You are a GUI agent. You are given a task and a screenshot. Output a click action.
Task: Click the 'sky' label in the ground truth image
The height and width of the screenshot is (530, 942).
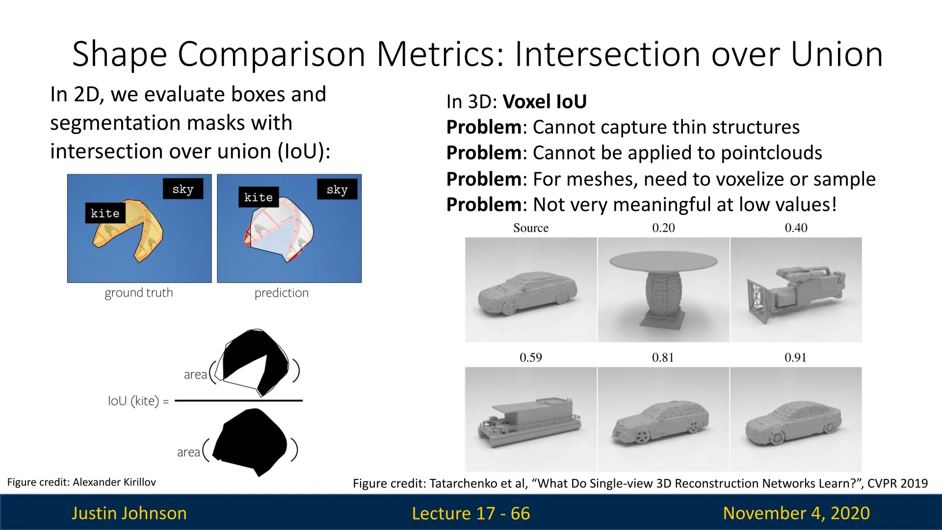[183, 189]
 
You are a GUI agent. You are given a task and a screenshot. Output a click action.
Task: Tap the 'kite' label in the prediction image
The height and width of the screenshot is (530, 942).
[259, 197]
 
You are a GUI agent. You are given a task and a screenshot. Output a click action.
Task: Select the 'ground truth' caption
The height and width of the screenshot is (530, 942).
[139, 293]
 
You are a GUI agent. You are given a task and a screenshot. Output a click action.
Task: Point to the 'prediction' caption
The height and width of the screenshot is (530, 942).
[282, 293]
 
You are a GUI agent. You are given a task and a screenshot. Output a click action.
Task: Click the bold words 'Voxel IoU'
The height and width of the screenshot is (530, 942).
[545, 102]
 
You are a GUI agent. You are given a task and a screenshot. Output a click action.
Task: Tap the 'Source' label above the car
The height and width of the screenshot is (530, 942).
[531, 228]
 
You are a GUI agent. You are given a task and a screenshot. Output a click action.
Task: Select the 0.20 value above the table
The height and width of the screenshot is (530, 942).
[663, 228]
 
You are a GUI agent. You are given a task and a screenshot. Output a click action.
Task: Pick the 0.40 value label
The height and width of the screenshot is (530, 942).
[796, 228]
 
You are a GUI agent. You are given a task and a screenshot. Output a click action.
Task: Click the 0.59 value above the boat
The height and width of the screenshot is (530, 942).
[531, 357]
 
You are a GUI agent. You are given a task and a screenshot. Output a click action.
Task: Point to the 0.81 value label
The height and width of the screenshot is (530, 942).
[663, 357]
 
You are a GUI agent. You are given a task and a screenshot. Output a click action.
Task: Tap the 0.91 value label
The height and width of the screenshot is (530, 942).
[795, 357]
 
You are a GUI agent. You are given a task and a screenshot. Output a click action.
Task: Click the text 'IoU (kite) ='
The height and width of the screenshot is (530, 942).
[138, 401]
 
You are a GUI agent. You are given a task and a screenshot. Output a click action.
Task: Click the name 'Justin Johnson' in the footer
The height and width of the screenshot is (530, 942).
[129, 513]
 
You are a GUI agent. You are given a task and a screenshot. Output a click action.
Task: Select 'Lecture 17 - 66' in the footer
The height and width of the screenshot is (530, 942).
[471, 513]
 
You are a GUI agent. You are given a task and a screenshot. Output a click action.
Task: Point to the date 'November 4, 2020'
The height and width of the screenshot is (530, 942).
[796, 513]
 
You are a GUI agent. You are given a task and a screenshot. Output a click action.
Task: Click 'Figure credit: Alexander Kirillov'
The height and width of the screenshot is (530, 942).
[81, 482]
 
